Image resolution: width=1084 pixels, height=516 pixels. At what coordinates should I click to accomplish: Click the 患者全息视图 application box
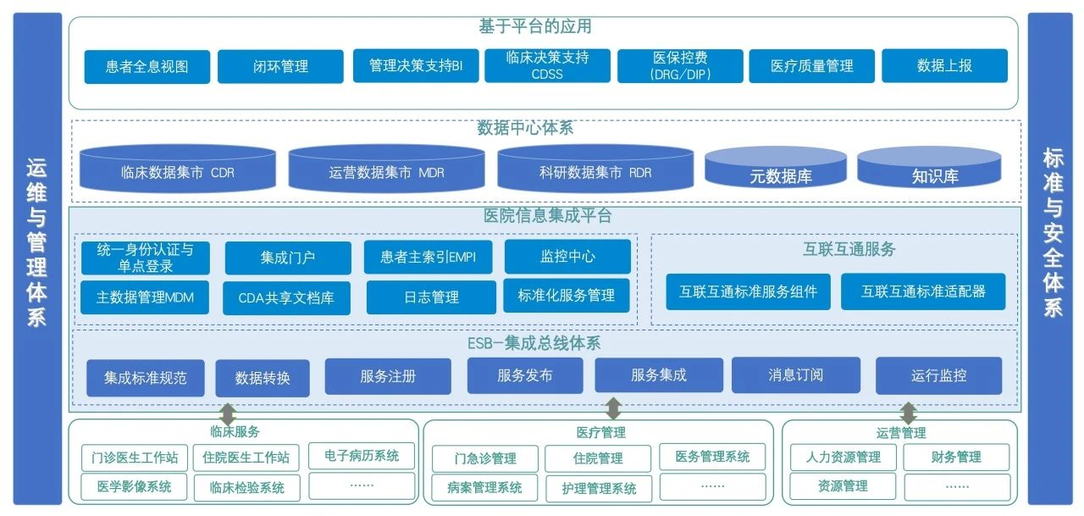point(147,66)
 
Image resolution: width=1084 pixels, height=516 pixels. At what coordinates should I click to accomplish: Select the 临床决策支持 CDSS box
point(547,65)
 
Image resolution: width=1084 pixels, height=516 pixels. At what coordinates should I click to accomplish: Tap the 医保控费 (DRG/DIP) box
point(680,65)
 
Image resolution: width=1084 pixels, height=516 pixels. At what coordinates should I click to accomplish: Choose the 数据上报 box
point(944,65)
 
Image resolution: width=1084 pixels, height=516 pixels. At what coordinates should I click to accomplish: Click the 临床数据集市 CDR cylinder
point(178,170)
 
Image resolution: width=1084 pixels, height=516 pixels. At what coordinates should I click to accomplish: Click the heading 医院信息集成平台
point(547,216)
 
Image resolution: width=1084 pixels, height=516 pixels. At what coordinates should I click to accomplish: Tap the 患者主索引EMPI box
point(429,257)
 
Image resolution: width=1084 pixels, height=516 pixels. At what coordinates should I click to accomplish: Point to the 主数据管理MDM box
point(145,297)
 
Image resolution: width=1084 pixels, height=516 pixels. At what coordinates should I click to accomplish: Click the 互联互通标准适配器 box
point(923,291)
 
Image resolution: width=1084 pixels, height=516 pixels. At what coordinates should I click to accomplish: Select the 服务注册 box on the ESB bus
point(388,376)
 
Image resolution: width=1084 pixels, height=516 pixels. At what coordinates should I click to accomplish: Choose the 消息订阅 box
point(795,375)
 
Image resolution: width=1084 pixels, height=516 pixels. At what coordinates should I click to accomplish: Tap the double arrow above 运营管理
point(908,413)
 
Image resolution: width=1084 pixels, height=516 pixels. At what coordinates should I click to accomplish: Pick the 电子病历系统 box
point(362,456)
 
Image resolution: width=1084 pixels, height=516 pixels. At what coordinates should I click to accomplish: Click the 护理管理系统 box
point(599,488)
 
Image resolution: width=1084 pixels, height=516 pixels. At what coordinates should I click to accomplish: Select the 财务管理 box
point(956,457)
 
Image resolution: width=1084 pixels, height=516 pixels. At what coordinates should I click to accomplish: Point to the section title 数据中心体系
point(525,128)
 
